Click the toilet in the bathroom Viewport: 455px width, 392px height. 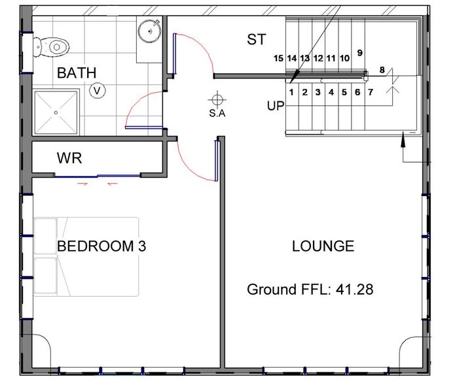[x=51, y=46]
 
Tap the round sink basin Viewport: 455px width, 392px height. [x=149, y=31]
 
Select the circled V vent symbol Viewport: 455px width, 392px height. [x=97, y=91]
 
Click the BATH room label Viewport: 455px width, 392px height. [x=77, y=73]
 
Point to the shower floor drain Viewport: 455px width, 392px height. [x=56, y=112]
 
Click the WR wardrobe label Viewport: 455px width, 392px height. [x=69, y=158]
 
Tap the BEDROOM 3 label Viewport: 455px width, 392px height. [x=101, y=246]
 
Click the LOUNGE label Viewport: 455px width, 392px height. [x=323, y=246]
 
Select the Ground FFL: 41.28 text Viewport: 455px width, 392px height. [x=310, y=289]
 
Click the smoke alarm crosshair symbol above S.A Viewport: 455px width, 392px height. [x=217, y=99]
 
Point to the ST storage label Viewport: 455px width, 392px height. [x=257, y=39]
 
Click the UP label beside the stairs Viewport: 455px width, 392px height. [x=276, y=106]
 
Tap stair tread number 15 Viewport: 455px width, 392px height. [x=278, y=58]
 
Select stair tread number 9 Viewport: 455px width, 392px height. [x=360, y=53]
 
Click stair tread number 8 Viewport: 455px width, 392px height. [x=382, y=70]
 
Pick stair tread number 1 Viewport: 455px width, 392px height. [x=291, y=92]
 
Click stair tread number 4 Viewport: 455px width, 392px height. [x=331, y=92]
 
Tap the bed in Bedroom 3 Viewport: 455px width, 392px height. [x=86, y=257]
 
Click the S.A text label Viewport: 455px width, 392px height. [x=217, y=113]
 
